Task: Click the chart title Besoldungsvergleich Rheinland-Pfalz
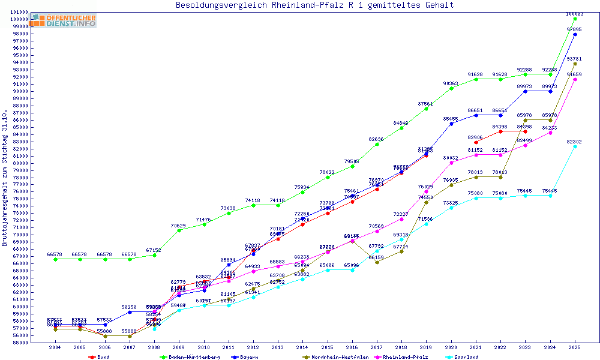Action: tap(314, 5)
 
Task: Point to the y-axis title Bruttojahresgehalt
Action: tap(5, 178)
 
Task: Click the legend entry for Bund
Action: tap(100, 357)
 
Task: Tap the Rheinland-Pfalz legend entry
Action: tap(406, 357)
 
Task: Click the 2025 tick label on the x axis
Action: tap(575, 347)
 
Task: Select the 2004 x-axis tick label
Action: tap(55, 347)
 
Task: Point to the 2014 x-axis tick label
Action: tap(302, 347)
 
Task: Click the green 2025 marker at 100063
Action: tap(575, 19)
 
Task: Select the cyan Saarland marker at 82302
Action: tap(575, 146)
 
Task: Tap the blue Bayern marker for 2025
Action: tap(575, 34)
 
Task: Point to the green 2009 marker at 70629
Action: tap(179, 230)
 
